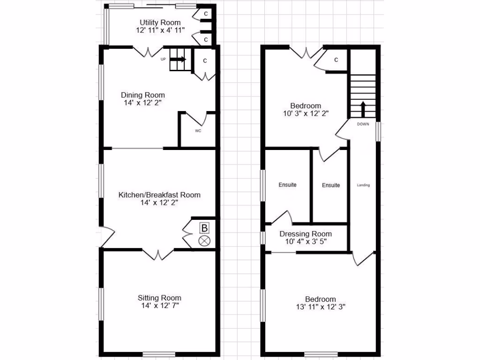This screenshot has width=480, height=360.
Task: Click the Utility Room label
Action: coord(160,22)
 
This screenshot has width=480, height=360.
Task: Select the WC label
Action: coord(198,131)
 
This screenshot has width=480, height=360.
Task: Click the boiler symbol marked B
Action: coord(204,228)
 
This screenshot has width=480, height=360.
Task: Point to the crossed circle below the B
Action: coord(205,241)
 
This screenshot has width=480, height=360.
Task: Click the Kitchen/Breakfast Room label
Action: coord(159,195)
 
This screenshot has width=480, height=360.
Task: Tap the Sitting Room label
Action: coord(159,298)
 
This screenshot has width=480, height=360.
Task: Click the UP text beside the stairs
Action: coord(163,59)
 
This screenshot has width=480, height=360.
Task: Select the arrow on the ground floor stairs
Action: coord(179,60)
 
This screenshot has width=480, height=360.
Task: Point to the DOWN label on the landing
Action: coord(363,124)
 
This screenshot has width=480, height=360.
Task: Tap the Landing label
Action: coord(363,185)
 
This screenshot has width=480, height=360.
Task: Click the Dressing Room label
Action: coord(306,234)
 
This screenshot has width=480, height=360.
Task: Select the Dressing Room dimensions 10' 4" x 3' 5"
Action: coord(306,242)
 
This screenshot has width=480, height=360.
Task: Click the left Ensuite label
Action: coord(287,185)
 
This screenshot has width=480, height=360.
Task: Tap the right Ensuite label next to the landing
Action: coord(331,185)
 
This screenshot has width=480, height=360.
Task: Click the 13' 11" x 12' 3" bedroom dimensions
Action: coord(321,307)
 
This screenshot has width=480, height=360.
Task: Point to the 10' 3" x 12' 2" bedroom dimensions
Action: coord(305,113)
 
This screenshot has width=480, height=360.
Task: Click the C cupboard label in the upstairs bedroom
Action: coord(336,60)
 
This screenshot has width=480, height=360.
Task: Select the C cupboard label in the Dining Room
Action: coord(205,61)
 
